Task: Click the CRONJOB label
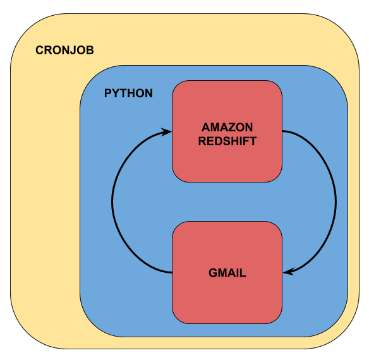tap(64, 51)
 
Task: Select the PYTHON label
tap(128, 93)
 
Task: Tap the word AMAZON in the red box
tap(227, 128)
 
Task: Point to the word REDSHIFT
tap(227, 141)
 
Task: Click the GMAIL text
tap(227, 273)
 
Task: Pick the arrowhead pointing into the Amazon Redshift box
tap(168, 131)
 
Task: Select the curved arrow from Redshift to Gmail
tap(335, 202)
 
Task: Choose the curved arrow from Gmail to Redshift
tap(112, 202)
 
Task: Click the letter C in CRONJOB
tap(40, 51)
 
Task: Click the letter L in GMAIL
tap(243, 273)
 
